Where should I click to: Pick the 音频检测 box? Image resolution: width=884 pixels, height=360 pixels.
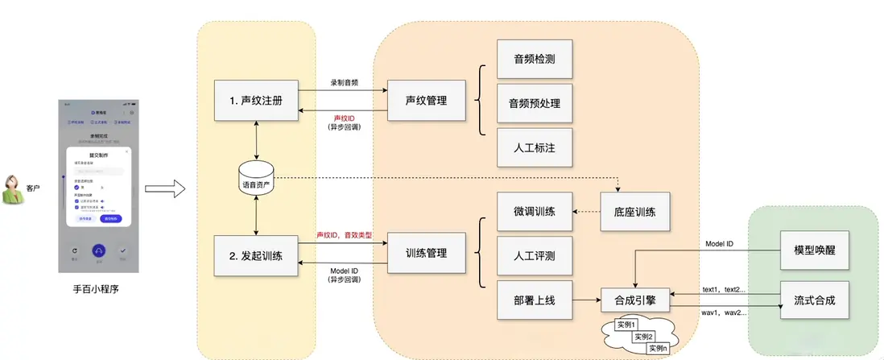535,59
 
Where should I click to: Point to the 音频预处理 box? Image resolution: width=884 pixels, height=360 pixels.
535,103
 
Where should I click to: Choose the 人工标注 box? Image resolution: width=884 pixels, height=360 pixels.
535,147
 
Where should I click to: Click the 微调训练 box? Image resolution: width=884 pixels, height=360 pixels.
535,212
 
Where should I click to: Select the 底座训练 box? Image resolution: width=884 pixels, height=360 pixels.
634,212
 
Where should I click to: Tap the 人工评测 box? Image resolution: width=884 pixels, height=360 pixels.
535,256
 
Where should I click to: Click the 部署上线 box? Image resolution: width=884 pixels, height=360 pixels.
535,300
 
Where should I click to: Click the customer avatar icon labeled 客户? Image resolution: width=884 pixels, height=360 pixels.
14,190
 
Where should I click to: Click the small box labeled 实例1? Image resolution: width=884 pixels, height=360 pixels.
626,325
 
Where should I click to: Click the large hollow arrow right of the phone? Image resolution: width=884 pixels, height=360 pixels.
166,190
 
